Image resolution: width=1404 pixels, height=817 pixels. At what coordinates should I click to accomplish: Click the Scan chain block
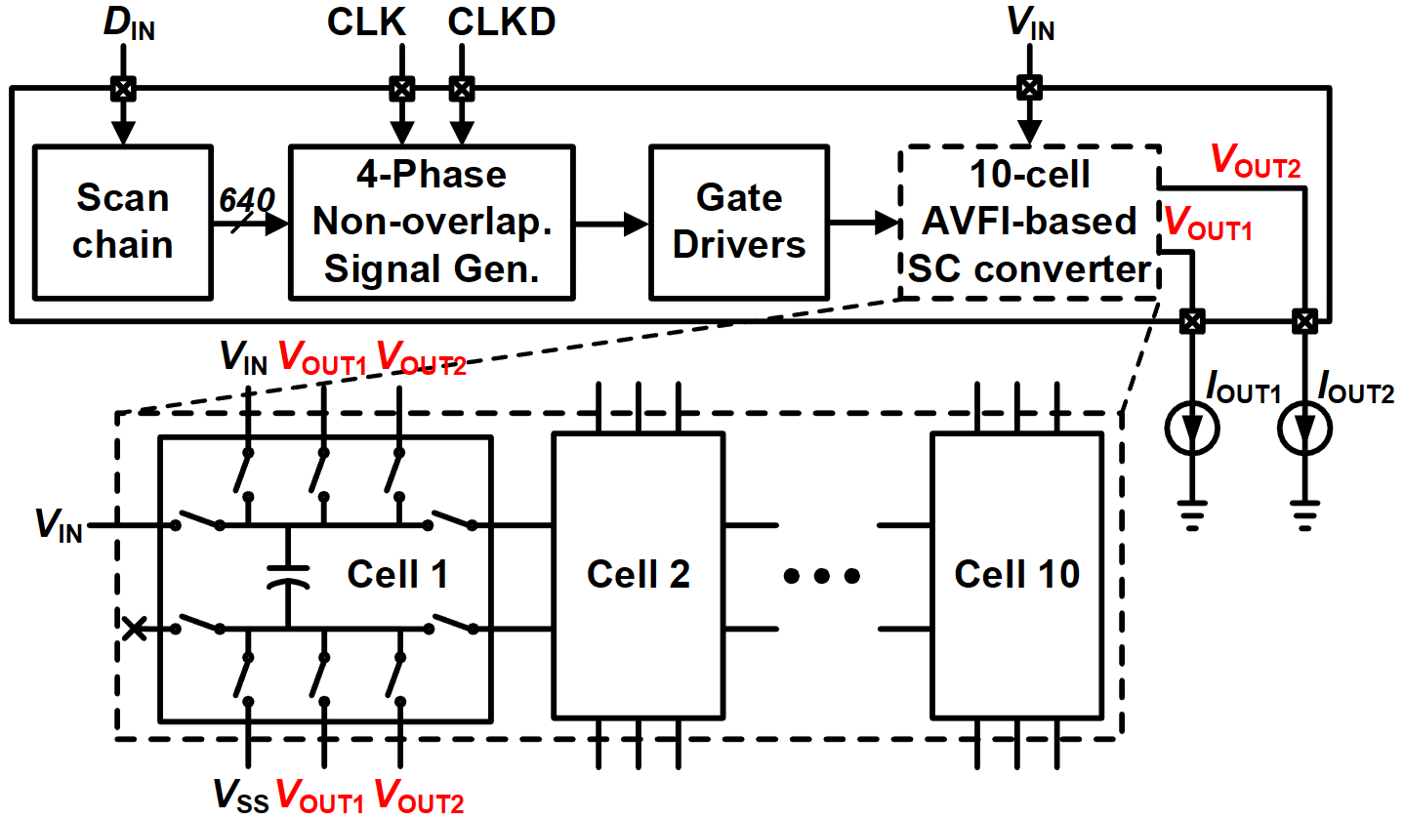[122, 221]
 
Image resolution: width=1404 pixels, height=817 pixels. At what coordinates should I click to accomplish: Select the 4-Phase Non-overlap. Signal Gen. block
[432, 221]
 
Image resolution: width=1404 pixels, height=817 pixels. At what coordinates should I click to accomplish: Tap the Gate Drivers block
[738, 221]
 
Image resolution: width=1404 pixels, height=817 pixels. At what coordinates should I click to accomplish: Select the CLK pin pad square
[399, 89]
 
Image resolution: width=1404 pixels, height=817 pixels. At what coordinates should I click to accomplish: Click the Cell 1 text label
[397, 575]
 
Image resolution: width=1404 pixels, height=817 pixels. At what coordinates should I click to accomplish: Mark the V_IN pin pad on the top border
[1026, 89]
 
